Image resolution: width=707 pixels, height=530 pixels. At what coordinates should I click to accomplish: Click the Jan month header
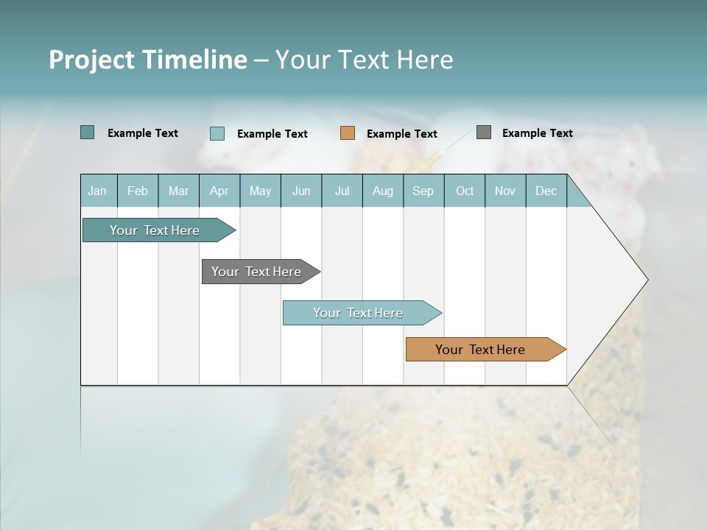click(97, 191)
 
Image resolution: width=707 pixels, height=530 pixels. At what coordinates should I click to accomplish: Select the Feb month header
click(138, 191)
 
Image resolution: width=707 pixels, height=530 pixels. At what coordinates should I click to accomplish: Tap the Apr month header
click(219, 191)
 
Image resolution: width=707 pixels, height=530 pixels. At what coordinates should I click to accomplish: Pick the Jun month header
click(301, 191)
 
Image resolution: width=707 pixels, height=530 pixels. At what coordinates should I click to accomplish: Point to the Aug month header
click(382, 191)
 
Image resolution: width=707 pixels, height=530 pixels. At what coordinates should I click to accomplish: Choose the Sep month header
click(423, 191)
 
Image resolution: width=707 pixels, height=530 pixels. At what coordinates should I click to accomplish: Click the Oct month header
click(465, 191)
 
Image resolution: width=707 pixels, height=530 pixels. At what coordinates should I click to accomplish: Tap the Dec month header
click(546, 191)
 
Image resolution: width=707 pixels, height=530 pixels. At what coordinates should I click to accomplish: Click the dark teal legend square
click(87, 132)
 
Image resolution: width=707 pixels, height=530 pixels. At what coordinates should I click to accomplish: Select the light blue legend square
click(217, 133)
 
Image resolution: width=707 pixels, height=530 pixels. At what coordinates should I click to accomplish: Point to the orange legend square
click(348, 133)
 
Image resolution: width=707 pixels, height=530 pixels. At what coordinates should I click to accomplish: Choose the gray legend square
click(484, 132)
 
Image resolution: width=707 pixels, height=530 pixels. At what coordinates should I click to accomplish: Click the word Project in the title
click(92, 60)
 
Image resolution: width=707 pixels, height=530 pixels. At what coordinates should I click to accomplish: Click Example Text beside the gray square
click(537, 133)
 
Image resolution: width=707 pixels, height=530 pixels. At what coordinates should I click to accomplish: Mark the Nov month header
click(505, 191)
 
